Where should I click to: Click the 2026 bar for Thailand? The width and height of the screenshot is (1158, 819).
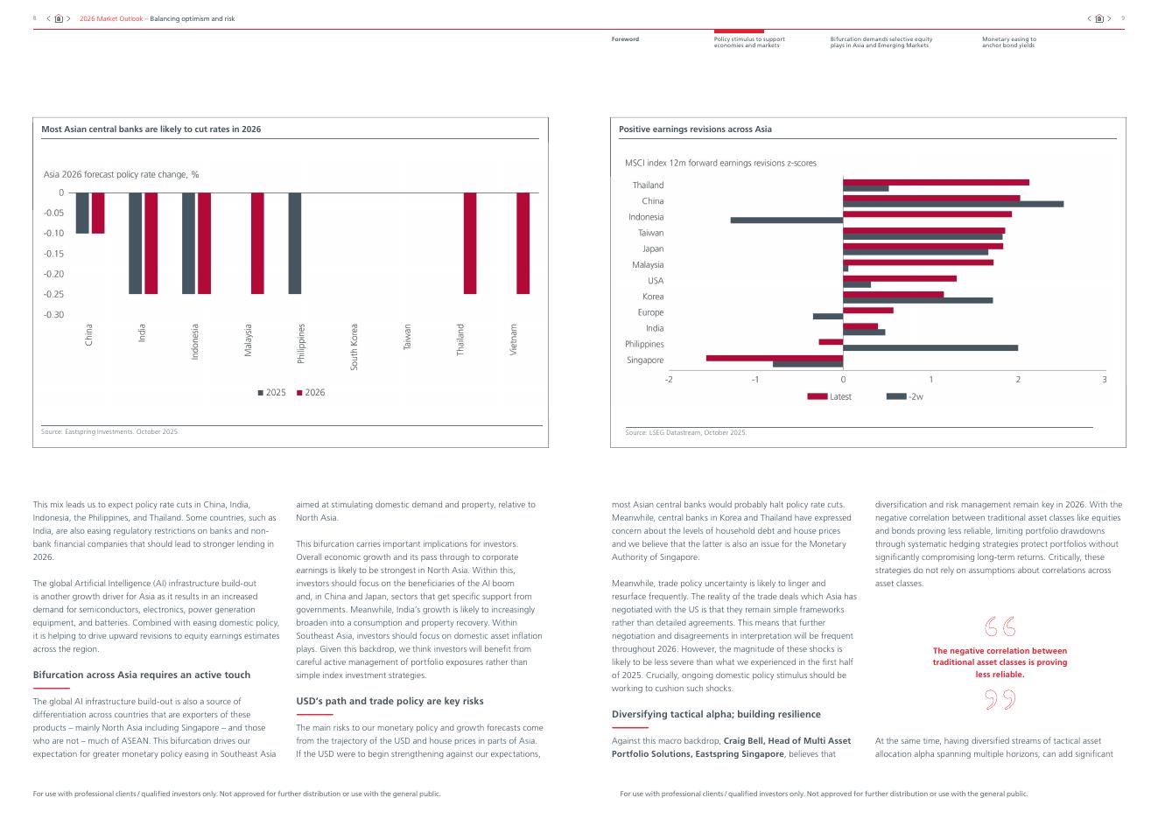pyautogui.click(x=470, y=243)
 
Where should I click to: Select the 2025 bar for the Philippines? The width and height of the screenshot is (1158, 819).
pyautogui.click(x=295, y=243)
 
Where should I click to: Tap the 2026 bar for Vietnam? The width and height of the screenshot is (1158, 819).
pyautogui.click(x=523, y=243)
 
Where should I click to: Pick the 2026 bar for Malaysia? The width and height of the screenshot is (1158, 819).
pyautogui.click(x=257, y=243)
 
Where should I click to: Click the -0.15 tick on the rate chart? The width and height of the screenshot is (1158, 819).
pyautogui.click(x=54, y=254)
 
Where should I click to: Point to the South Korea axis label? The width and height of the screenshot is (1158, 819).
pyautogui.click(x=354, y=346)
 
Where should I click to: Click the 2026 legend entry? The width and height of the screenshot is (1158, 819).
pyautogui.click(x=311, y=393)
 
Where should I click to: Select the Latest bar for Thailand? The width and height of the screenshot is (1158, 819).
pyautogui.click(x=935, y=182)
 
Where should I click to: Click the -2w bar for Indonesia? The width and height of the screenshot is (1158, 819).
pyautogui.click(x=786, y=220)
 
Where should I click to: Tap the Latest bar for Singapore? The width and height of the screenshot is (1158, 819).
pyautogui.click(x=774, y=358)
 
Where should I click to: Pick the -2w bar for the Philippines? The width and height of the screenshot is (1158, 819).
pyautogui.click(x=930, y=347)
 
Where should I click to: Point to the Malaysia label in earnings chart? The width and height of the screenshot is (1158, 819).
pyautogui.click(x=648, y=265)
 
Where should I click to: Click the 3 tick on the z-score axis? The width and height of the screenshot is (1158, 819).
pyautogui.click(x=1105, y=380)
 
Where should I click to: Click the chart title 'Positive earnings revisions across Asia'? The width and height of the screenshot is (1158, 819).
pyautogui.click(x=695, y=129)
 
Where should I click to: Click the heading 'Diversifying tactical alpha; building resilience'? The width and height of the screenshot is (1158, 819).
pyautogui.click(x=716, y=714)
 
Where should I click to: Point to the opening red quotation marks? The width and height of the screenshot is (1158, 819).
pyautogui.click(x=1000, y=626)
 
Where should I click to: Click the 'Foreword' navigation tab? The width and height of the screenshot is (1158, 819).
pyautogui.click(x=625, y=39)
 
